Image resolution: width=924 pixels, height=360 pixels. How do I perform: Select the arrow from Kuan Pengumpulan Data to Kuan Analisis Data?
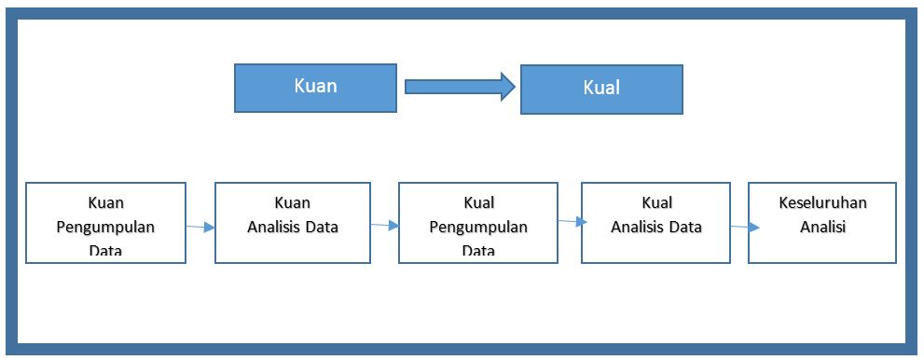(x=200, y=227)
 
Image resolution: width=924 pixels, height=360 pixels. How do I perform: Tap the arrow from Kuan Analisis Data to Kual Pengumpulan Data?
(x=384, y=225)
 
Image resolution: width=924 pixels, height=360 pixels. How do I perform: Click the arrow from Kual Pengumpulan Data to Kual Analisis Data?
(x=570, y=221)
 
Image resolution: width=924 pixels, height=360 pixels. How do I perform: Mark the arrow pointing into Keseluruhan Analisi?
(x=738, y=227)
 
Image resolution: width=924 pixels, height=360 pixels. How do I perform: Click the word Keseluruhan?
(x=822, y=202)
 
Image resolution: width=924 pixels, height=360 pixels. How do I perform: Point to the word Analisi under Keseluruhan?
(x=822, y=227)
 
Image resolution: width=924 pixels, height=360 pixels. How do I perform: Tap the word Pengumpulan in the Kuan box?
(x=105, y=227)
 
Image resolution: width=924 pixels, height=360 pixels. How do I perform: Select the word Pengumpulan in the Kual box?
(x=478, y=227)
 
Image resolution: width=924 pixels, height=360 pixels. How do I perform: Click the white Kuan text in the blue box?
(x=315, y=86)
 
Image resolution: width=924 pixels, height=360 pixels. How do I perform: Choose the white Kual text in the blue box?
(x=601, y=89)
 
